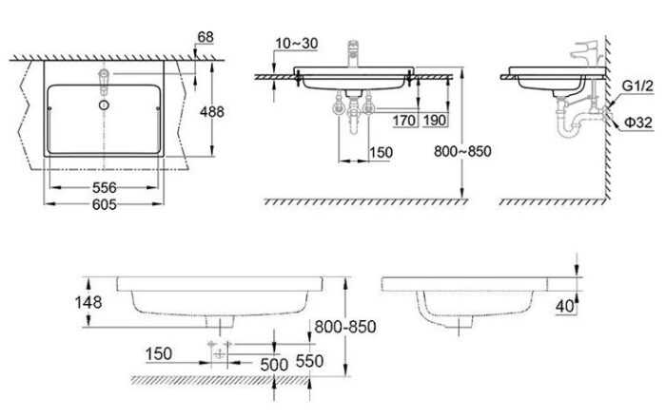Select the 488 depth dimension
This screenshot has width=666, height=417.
[213, 111]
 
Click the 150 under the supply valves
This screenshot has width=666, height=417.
[381, 152]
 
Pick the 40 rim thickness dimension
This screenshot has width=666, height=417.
[565, 305]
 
